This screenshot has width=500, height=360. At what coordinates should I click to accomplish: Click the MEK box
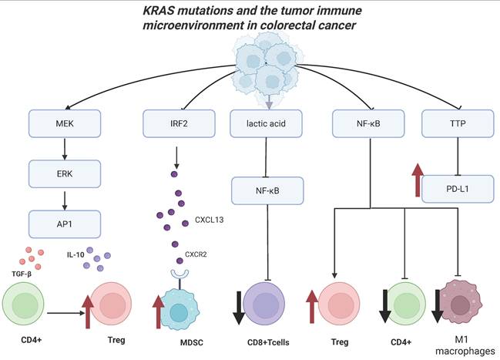[x=67, y=121]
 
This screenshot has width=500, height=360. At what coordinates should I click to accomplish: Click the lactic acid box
[x=266, y=121]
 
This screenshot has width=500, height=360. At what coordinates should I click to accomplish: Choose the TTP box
[x=456, y=121]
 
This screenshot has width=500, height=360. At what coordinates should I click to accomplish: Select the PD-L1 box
[x=456, y=188]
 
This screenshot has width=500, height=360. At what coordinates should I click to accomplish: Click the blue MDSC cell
[x=183, y=304]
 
